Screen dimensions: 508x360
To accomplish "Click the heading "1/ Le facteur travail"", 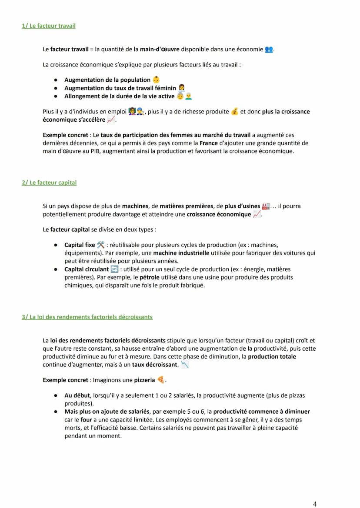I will pyautogui.click(x=48, y=26).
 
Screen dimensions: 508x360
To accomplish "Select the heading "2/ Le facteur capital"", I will pyautogui.click(x=49, y=183).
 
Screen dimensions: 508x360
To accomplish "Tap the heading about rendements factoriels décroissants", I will pyautogui.click(x=87, y=317).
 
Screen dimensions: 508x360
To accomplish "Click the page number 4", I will pyautogui.click(x=315, y=504).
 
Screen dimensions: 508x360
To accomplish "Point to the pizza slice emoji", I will pyautogui.click(x=161, y=380).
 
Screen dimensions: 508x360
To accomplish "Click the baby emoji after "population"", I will pyautogui.click(x=156, y=80).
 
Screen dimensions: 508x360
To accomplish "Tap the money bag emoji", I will pyautogui.click(x=235, y=112).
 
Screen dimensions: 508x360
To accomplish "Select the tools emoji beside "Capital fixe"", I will pyautogui.click(x=101, y=245).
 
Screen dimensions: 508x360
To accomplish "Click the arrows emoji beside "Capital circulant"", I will pyautogui.click(x=114, y=269).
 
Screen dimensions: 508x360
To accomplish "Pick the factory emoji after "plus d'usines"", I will pyautogui.click(x=265, y=206).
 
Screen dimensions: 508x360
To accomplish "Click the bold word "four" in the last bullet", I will pyautogui.click(x=86, y=420).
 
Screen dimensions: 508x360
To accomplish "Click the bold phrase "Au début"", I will pyautogui.click(x=77, y=395).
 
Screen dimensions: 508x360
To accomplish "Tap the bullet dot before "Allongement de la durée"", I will pyautogui.click(x=57, y=96).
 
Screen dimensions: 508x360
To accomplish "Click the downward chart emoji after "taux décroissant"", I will pyautogui.click(x=184, y=365).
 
